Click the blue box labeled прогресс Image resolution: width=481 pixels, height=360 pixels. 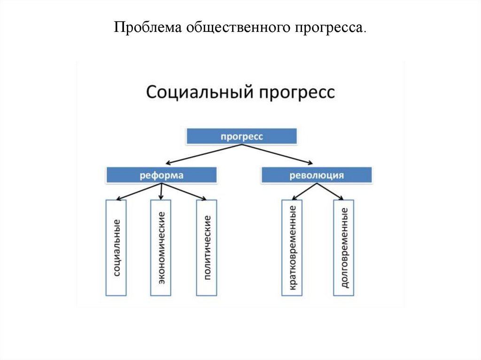pos(242,136)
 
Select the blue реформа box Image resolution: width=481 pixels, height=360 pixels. pos(161,176)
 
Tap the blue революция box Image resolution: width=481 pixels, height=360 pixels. pos(317,176)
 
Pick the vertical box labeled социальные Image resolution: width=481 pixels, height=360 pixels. pos(116,247)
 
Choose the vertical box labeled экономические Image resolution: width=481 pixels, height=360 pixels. pos(161,247)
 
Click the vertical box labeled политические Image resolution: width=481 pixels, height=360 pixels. pos(207,247)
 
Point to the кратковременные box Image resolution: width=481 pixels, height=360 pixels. pos(292,247)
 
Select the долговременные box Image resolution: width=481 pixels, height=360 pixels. pos(343,247)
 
